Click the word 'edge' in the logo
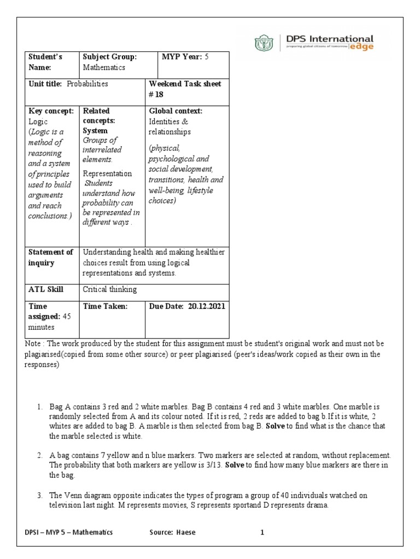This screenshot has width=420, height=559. click(x=362, y=48)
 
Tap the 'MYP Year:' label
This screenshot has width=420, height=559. click(x=182, y=57)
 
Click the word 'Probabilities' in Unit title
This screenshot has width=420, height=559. click(x=87, y=84)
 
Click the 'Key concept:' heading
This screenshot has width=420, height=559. click(x=51, y=111)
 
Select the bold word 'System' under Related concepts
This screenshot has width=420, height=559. click(x=95, y=130)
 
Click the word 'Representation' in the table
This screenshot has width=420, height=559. click(x=107, y=174)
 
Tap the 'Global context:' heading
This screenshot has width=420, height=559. click(x=176, y=111)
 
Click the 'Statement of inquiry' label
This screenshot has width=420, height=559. click(x=51, y=257)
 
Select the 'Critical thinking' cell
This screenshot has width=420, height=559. click(x=109, y=289)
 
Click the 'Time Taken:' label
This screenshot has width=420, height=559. click(x=105, y=306)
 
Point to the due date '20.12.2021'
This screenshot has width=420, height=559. click(x=207, y=306)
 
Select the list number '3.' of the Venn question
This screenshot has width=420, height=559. click(x=40, y=495)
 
